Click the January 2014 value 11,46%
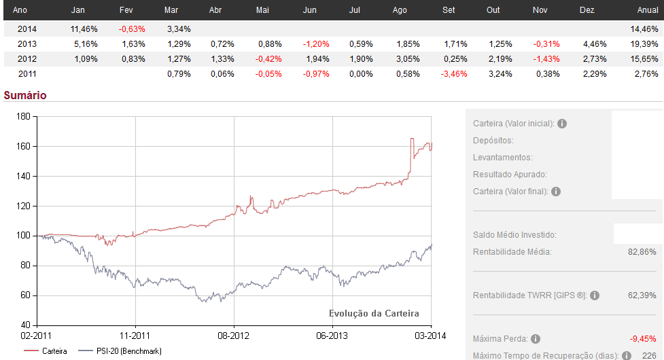tap(84, 29)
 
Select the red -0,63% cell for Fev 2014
tap(132, 29)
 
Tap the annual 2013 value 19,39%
tap(644, 44)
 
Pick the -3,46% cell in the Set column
tap(453, 74)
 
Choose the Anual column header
tap(647, 11)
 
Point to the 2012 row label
tap(27, 59)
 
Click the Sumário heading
tap(25, 95)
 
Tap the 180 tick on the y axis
tap(24, 116)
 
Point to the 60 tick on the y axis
tap(27, 295)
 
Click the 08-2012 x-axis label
tap(233, 336)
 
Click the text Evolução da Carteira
tap(374, 313)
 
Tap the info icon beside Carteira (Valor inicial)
tap(563, 124)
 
